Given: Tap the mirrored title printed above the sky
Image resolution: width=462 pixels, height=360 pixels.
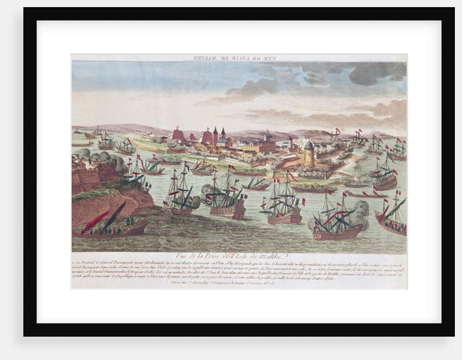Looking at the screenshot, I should [x=239, y=57].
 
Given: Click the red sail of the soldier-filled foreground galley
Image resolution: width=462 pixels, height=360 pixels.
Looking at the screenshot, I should [x=96, y=221].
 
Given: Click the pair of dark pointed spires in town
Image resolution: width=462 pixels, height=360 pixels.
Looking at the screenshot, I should [x=219, y=136].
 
